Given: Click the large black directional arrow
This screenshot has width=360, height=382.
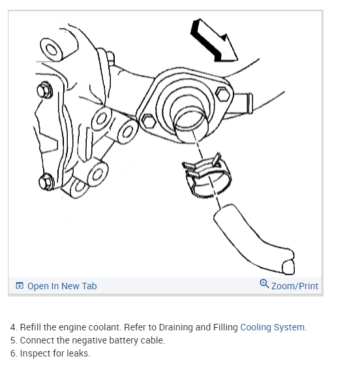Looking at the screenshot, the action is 212,41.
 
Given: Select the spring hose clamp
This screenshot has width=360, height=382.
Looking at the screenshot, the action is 207,176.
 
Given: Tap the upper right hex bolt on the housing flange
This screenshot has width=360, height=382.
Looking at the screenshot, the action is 223,94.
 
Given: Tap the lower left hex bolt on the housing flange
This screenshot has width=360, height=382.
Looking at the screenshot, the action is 149,121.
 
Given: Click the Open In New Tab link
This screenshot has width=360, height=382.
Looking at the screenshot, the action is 62,286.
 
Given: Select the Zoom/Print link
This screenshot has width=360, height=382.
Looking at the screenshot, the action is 295,286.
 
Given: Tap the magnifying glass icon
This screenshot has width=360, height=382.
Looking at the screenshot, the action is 264,284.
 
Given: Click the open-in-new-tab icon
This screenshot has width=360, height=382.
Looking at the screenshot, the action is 20,285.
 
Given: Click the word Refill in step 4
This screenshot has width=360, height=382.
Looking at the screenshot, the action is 31,327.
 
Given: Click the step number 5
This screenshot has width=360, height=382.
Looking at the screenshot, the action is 12,340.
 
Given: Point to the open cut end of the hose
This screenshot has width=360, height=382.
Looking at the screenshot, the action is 288,267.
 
